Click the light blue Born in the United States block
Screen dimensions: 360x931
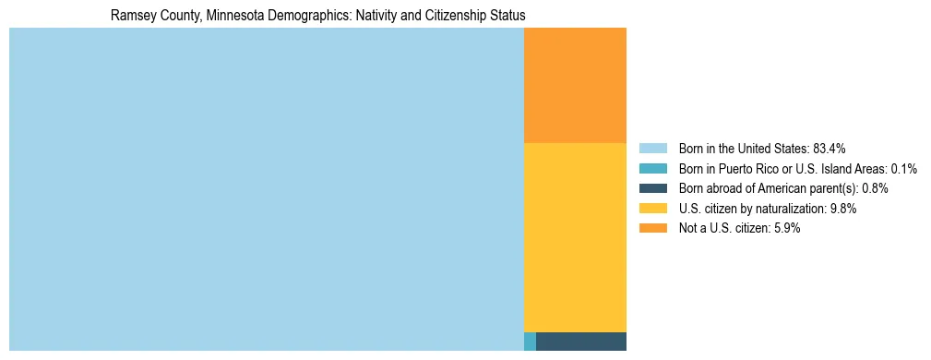tap(266, 189)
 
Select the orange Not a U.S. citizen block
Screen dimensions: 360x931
tap(575, 85)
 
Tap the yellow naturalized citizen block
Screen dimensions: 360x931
tap(575, 237)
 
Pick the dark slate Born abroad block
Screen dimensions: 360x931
tap(580, 342)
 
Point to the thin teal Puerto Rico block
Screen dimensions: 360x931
tap(530, 342)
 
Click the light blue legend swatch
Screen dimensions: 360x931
tap(652, 148)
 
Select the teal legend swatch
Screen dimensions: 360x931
tap(652, 168)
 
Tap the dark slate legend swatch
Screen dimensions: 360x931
tap(652, 188)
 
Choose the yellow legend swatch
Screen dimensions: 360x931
tap(652, 209)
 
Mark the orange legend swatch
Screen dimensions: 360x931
tap(652, 228)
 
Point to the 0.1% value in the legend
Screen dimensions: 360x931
tap(903, 168)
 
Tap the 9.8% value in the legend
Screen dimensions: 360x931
tap(843, 209)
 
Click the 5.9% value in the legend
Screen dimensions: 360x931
tap(786, 228)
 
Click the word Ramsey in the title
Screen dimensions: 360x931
tap(130, 16)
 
